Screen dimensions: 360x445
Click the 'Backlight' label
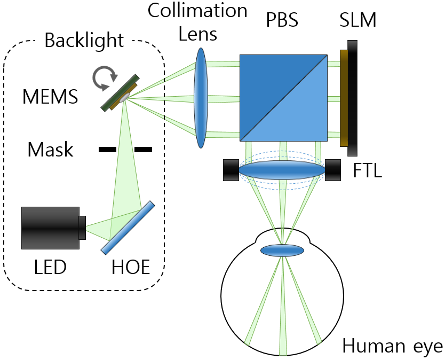pos(84,40)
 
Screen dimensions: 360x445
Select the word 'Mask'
pos(51,150)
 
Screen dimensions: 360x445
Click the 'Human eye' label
pos(393,346)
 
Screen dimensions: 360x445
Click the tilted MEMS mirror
pos(121,93)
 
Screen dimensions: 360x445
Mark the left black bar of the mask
pos(107,150)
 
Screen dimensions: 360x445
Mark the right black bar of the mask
pos(143,150)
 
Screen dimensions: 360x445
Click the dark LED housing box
pos(50,228)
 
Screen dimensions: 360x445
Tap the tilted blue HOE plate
pos(128,227)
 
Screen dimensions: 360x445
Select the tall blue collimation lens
pos(201,98)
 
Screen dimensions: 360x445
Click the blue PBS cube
pos(283,98)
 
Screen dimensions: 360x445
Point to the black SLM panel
pos(352,98)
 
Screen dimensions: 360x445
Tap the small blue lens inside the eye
pos(282,250)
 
